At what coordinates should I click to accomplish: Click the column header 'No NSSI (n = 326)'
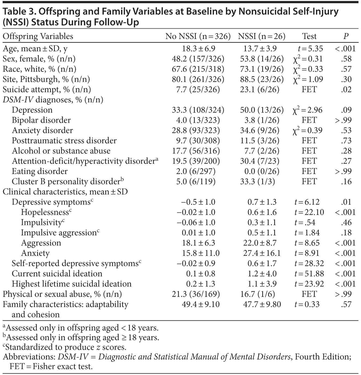click(198, 36)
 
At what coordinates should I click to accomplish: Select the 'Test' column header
click(309, 36)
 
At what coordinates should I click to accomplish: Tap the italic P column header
click(346, 36)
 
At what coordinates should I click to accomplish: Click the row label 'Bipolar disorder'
click(41, 120)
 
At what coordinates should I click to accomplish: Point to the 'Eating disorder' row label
click(40, 171)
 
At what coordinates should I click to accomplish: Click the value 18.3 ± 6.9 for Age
click(198, 49)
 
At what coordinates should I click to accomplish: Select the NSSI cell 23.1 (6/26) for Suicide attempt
click(260, 89)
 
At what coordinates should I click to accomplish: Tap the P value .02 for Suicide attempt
click(346, 89)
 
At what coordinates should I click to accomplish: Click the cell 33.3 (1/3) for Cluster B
click(257, 182)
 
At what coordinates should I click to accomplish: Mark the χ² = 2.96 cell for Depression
click(307, 110)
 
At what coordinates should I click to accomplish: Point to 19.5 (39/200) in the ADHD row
click(196, 161)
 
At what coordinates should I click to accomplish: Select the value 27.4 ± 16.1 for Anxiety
click(262, 253)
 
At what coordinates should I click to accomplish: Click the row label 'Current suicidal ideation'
click(57, 274)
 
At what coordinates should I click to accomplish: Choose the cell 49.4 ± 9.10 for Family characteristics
click(201, 304)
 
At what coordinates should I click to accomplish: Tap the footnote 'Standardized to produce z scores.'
click(66, 347)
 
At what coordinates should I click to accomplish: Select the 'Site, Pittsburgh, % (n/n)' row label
click(46, 79)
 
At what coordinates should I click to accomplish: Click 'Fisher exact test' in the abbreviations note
click(62, 367)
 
